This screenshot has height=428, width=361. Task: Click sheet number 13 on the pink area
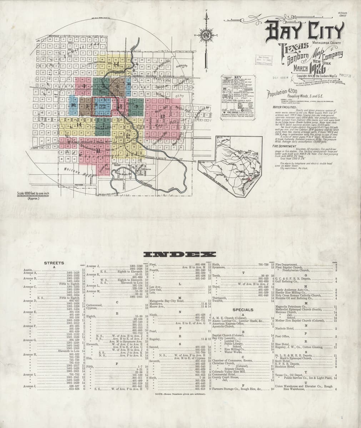point(162,116)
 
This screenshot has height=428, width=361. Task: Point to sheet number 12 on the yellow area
point(127,140)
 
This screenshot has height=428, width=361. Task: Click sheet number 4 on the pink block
point(83,86)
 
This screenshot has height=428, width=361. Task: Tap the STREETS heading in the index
point(54,263)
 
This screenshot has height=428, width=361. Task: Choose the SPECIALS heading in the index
point(243,310)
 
